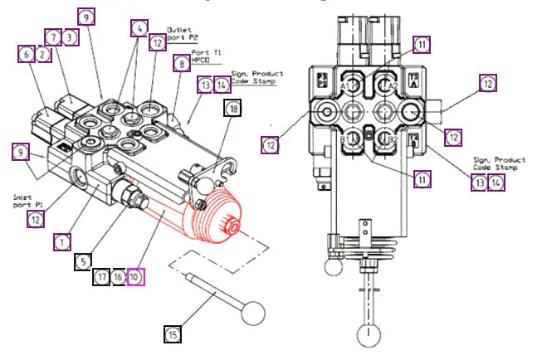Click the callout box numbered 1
point(61,241)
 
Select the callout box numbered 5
point(83,260)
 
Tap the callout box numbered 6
point(27,53)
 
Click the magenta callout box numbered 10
point(135,276)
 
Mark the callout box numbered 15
point(173,334)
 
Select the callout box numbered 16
point(119,276)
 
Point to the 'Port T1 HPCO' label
point(204,57)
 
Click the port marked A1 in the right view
point(353,83)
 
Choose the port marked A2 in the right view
point(384,83)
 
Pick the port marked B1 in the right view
point(353,139)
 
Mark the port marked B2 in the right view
point(384,139)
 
